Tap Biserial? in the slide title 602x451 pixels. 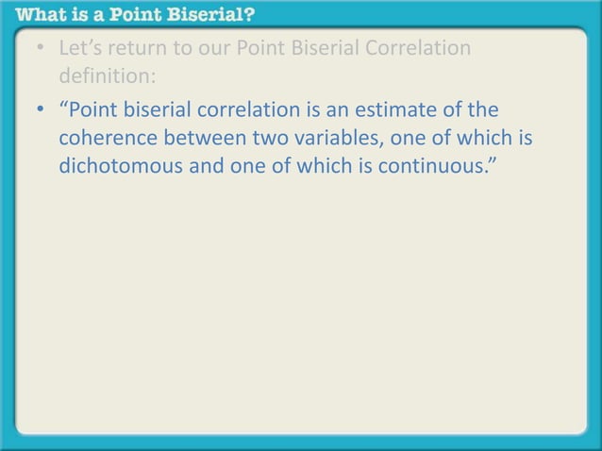(x=220, y=15)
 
